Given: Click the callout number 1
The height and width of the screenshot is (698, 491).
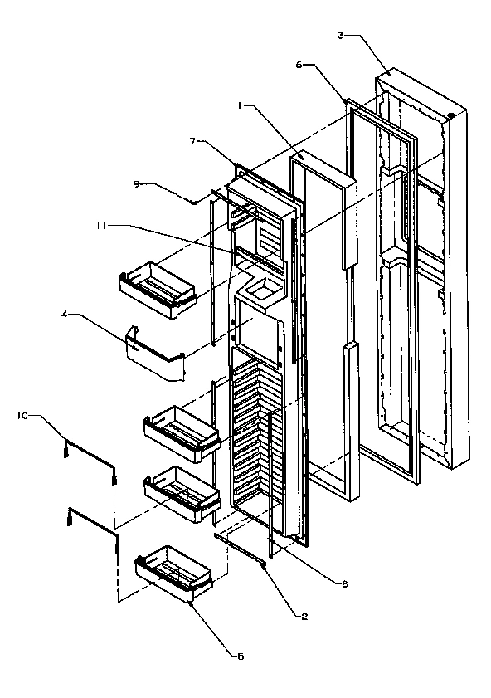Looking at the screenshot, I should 240,106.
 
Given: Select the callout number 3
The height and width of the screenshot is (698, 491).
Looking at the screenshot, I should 341,35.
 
